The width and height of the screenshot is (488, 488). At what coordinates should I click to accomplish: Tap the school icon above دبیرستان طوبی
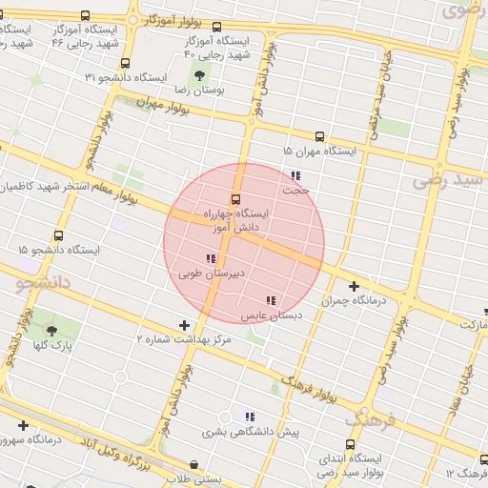tap(211, 258)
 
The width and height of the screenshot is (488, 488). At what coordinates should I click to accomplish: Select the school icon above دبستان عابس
tap(271, 300)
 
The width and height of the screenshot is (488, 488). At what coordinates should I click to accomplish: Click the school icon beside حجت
tap(295, 175)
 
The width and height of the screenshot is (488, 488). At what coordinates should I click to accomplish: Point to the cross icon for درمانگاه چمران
tap(354, 285)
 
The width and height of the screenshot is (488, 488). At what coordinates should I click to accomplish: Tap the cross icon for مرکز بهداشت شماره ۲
tap(185, 326)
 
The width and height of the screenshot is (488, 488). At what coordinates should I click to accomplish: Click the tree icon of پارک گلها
tap(51, 331)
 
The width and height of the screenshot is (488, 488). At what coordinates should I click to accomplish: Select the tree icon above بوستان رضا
tap(198, 75)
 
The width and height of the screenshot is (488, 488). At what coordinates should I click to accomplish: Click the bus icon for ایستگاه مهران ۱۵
tap(318, 136)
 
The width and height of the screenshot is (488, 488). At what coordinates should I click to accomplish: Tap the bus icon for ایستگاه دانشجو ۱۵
tap(59, 235)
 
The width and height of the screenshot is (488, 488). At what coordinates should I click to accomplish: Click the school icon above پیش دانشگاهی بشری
tap(249, 417)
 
